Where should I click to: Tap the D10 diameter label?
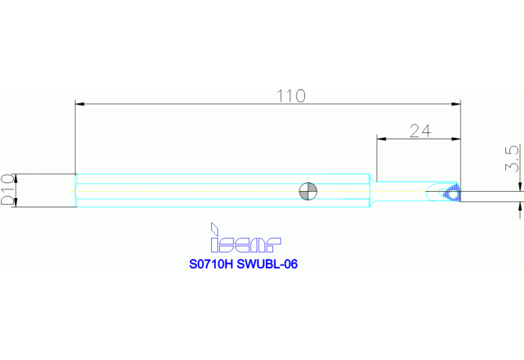pyautogui.click(x=7, y=190)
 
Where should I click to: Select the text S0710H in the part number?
pyautogui.click(x=212, y=265)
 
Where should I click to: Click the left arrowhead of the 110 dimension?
pyautogui.click(x=79, y=103)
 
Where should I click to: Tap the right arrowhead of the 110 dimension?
pyautogui.click(x=457, y=103)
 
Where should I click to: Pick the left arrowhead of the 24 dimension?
pyautogui.click(x=381, y=139)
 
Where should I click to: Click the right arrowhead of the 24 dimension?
pyautogui.click(x=457, y=139)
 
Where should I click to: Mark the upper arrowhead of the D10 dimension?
pyautogui.click(x=19, y=176)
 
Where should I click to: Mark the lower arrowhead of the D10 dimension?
pyautogui.click(x=19, y=203)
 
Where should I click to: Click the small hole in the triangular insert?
pyautogui.click(x=451, y=193)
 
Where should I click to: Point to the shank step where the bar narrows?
pyautogui.click(x=371, y=190)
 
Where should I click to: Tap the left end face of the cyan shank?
pyautogui.click(x=76, y=190)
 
